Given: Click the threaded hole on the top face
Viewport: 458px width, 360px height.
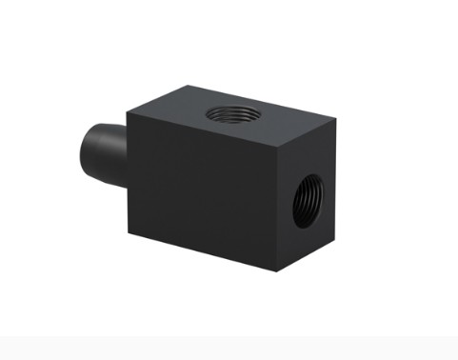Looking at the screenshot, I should click(230, 115).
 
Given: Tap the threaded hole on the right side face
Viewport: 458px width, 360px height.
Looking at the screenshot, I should click(307, 198).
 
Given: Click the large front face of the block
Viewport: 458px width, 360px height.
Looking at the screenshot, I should click(200, 190).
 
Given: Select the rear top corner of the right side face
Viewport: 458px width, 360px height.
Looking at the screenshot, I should click(334, 121).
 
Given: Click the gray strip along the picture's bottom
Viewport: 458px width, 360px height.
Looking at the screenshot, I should click(229, 348).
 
